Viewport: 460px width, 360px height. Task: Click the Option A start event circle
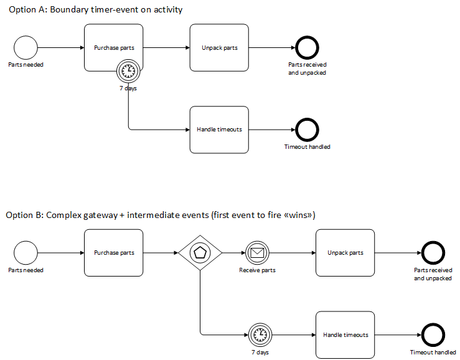[26, 48]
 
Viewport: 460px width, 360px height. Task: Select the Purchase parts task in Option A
[113, 48]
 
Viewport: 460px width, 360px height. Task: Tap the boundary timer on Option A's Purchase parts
[128, 72]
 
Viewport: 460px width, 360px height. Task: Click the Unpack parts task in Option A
[219, 48]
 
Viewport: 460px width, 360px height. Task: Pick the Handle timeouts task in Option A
[219, 130]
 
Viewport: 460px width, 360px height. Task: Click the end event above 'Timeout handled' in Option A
[307, 130]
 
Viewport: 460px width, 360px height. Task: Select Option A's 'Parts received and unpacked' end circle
[307, 48]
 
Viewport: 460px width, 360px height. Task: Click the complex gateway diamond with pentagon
[200, 253]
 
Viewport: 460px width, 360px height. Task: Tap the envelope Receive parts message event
[257, 253]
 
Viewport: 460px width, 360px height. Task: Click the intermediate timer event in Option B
[260, 334]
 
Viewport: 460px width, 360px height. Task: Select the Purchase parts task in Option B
[113, 253]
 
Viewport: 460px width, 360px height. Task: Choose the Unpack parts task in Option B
[345, 253]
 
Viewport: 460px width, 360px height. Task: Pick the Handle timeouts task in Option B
[345, 334]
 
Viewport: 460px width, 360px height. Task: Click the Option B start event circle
[26, 253]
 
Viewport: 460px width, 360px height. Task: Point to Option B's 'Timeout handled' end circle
[433, 334]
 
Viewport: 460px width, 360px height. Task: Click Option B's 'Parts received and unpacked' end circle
[433, 253]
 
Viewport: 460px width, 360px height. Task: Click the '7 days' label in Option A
[128, 88]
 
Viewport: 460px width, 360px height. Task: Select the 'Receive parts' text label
[257, 270]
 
